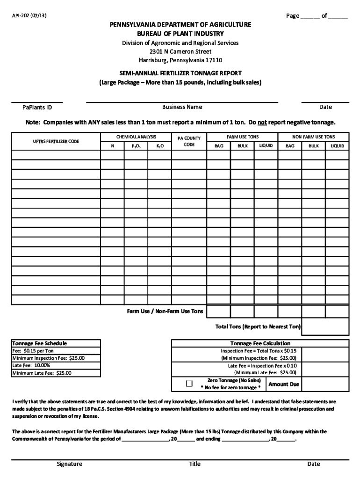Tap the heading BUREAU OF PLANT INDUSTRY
[180, 34]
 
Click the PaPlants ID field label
[37, 107]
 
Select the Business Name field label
[182, 107]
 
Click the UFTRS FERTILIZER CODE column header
[56, 141]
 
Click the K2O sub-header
[160, 146]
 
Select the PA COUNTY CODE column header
[189, 141]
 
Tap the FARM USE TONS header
[242, 137]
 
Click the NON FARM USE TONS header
[314, 137]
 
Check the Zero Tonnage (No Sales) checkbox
[189, 384]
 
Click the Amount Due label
[284, 384]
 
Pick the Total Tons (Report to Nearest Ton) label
[258, 327]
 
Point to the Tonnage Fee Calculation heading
[260, 343]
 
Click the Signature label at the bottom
[70, 464]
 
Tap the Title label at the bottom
[194, 464]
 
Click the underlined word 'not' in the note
[262, 123]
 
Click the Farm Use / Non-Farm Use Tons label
[165, 311]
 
